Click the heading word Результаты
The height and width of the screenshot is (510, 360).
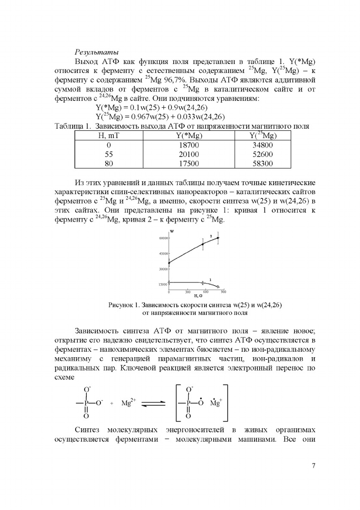coord(96,53)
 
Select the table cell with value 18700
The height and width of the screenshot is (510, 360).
coord(189,145)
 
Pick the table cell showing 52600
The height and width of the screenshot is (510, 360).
coord(263,154)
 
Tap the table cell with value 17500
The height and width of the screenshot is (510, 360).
coord(189,164)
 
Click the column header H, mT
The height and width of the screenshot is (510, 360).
coord(109,136)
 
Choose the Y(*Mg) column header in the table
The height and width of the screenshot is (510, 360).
coord(189,136)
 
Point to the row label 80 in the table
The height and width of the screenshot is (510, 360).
coord(109,164)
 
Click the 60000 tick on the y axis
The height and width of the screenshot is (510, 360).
coord(163,238)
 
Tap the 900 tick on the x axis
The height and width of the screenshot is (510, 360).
coord(223,292)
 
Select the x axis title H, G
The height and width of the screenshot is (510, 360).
coord(198,296)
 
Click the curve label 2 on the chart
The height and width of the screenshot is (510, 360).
coord(211,236)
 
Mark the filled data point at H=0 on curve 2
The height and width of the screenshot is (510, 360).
coord(169,263)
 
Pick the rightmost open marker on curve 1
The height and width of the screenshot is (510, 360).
coord(218,287)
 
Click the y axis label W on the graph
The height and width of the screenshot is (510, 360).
coord(172,231)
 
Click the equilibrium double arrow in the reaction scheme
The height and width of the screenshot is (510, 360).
coord(153,404)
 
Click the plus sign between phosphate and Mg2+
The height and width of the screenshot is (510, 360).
coord(112,404)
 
